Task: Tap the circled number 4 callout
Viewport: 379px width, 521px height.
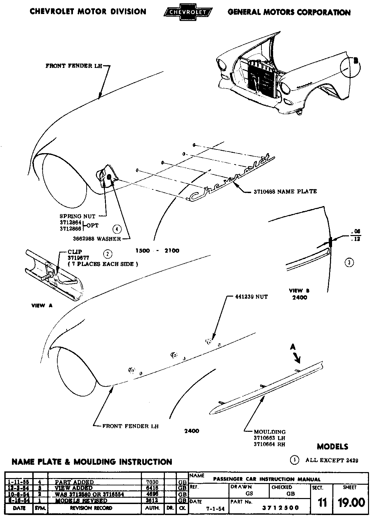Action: click(x=117, y=229)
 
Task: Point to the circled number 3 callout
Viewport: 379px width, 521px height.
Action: click(x=349, y=262)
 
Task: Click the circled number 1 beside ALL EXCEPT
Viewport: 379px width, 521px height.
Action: click(x=295, y=460)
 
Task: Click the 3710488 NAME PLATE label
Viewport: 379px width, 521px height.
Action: click(x=285, y=191)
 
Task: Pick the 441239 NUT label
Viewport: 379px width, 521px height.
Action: click(x=247, y=296)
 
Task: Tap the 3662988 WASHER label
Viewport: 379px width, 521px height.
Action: click(x=97, y=239)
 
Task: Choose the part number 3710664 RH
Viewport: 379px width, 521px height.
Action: click(x=269, y=444)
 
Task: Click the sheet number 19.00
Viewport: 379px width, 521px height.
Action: click(x=351, y=502)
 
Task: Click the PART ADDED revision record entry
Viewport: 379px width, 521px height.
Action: click(x=74, y=482)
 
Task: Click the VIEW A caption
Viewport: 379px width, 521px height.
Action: click(x=42, y=306)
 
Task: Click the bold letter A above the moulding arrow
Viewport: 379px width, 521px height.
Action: click(x=293, y=347)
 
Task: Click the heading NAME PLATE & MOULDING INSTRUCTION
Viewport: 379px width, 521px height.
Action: click(x=92, y=462)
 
